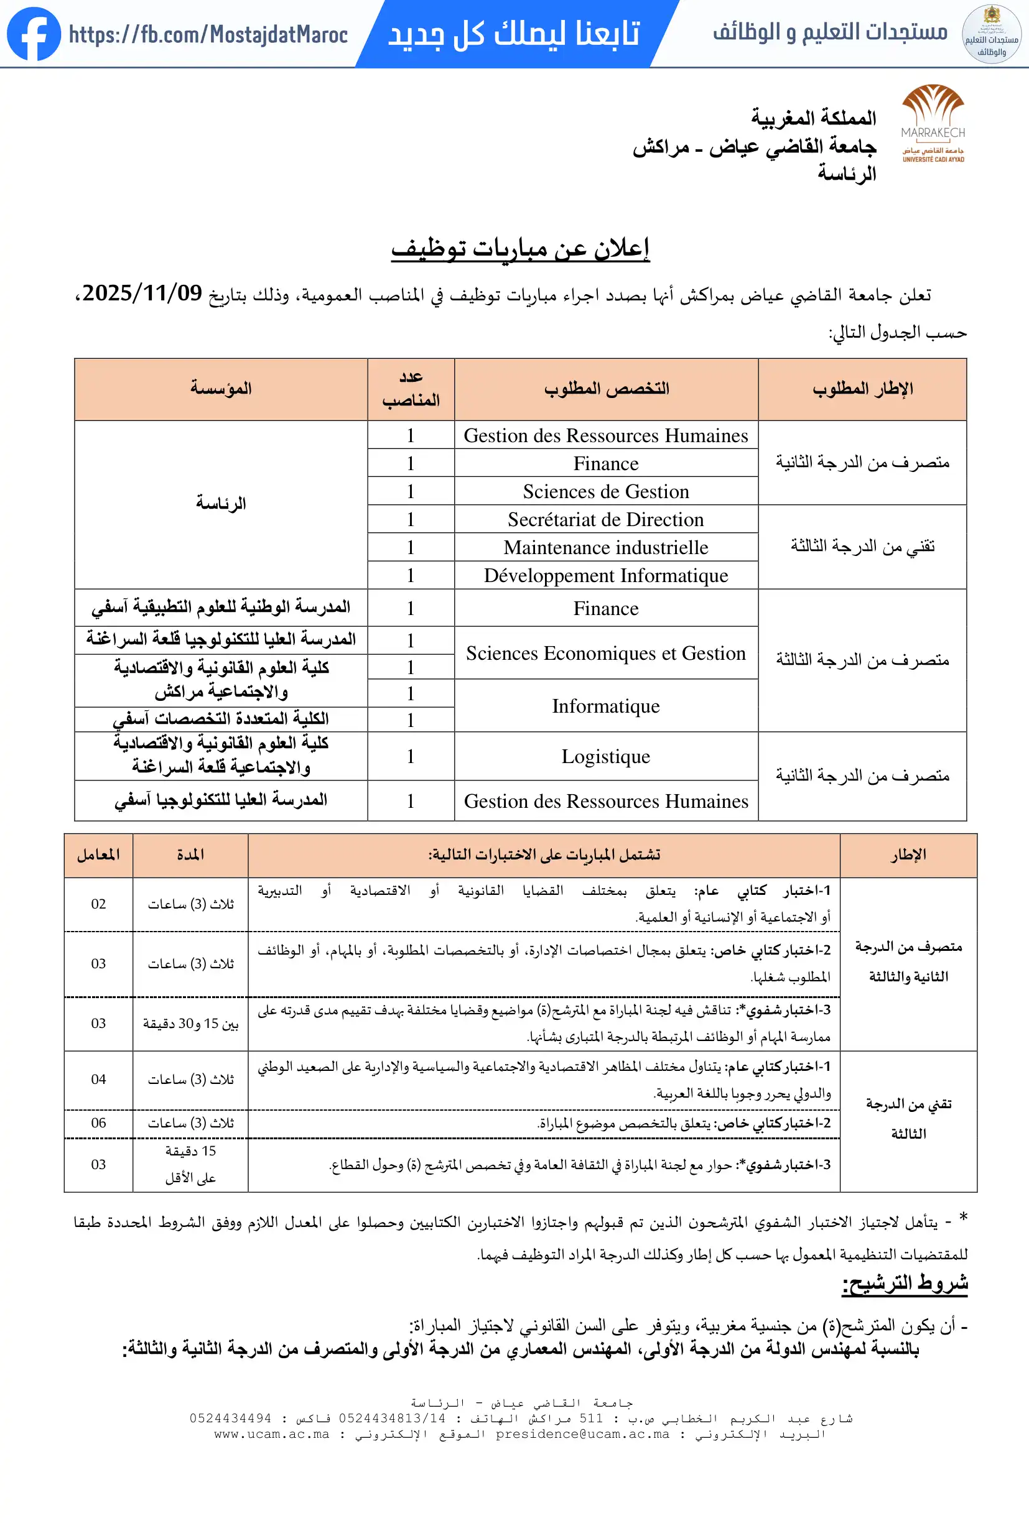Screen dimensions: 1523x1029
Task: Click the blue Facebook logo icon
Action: point(34,34)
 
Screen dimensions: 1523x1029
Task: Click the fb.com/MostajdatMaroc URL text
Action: point(208,34)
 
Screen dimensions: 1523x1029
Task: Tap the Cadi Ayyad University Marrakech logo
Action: point(932,123)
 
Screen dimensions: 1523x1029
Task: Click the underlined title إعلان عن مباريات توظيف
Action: point(519,248)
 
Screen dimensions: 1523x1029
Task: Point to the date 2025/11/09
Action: point(142,293)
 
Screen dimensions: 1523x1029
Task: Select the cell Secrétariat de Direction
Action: point(605,520)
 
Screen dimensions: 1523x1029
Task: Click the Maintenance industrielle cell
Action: point(605,547)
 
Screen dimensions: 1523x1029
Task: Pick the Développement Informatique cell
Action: point(605,575)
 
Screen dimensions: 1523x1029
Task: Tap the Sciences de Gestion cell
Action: point(605,491)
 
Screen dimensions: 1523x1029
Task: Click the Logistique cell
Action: point(605,756)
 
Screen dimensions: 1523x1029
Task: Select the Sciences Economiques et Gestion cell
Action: point(605,654)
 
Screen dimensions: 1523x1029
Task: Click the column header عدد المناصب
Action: point(411,389)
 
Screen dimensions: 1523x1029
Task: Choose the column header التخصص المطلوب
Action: point(606,389)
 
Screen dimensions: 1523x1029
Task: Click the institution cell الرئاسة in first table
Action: point(221,503)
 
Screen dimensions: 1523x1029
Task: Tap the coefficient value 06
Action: point(98,1123)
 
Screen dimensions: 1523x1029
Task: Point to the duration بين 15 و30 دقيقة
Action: point(191,1024)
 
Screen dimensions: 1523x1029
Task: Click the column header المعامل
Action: point(98,854)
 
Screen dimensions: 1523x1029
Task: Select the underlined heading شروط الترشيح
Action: point(905,1282)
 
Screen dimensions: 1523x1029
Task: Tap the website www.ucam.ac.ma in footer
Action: point(271,1434)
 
